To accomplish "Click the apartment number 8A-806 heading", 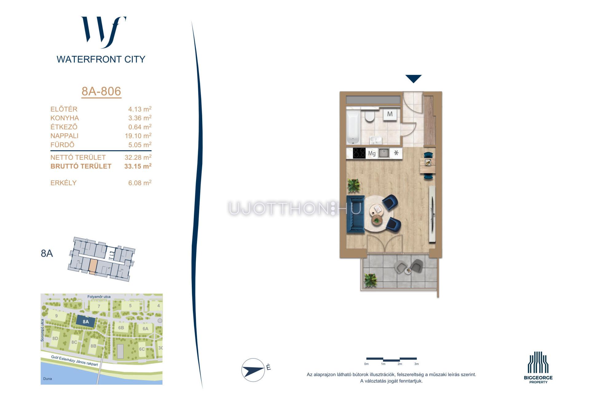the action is (x=101, y=91).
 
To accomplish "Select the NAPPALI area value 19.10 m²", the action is (x=138, y=136).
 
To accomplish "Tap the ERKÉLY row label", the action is (x=63, y=183).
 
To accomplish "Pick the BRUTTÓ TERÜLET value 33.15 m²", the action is (x=138, y=166).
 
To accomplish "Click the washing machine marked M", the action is (x=390, y=114).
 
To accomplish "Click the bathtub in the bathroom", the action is (x=353, y=127).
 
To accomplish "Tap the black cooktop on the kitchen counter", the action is (x=359, y=153).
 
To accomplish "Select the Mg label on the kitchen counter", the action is (x=372, y=153).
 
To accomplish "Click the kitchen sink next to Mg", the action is (x=384, y=153).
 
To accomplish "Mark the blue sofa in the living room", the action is (x=355, y=214).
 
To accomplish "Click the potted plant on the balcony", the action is (x=370, y=280).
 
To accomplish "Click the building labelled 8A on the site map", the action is (x=86, y=322).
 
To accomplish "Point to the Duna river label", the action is (x=48, y=379).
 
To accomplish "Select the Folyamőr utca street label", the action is (x=99, y=297).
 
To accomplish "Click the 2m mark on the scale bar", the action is (x=400, y=364).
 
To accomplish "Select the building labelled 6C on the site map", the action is (x=142, y=349).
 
